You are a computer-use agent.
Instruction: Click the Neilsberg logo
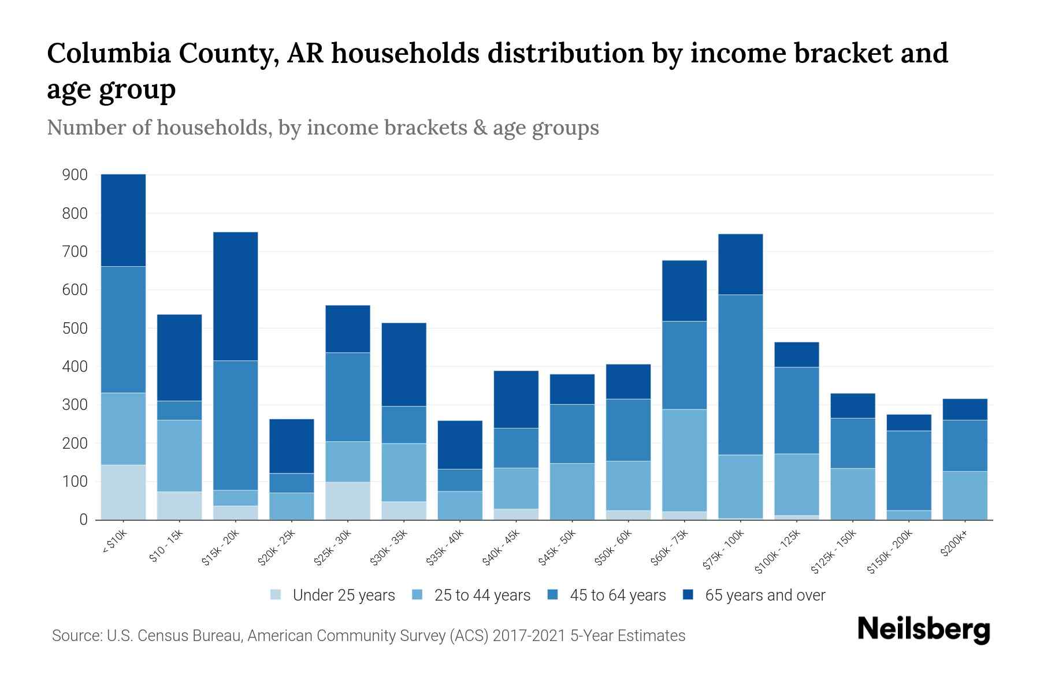click(x=923, y=629)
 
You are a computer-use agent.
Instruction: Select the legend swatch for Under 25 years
click(x=276, y=595)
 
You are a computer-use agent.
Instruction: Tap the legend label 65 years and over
click(x=765, y=595)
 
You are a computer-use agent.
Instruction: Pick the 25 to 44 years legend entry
click(x=482, y=595)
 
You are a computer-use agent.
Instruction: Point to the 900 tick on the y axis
click(x=75, y=175)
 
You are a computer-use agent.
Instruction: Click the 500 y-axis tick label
click(x=75, y=328)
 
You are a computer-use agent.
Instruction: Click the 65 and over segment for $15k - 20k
click(x=235, y=296)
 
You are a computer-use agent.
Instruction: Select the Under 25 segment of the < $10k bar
click(x=123, y=492)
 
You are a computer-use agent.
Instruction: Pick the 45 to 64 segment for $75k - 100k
click(x=740, y=375)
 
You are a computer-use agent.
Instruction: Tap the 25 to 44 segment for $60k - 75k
click(x=684, y=460)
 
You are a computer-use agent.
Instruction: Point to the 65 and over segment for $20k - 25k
click(x=291, y=446)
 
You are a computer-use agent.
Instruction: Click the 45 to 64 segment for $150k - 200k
click(x=909, y=471)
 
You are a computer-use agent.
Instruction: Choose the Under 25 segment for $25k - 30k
click(x=347, y=501)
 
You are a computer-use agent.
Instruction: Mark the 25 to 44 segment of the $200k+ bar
click(x=964, y=495)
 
